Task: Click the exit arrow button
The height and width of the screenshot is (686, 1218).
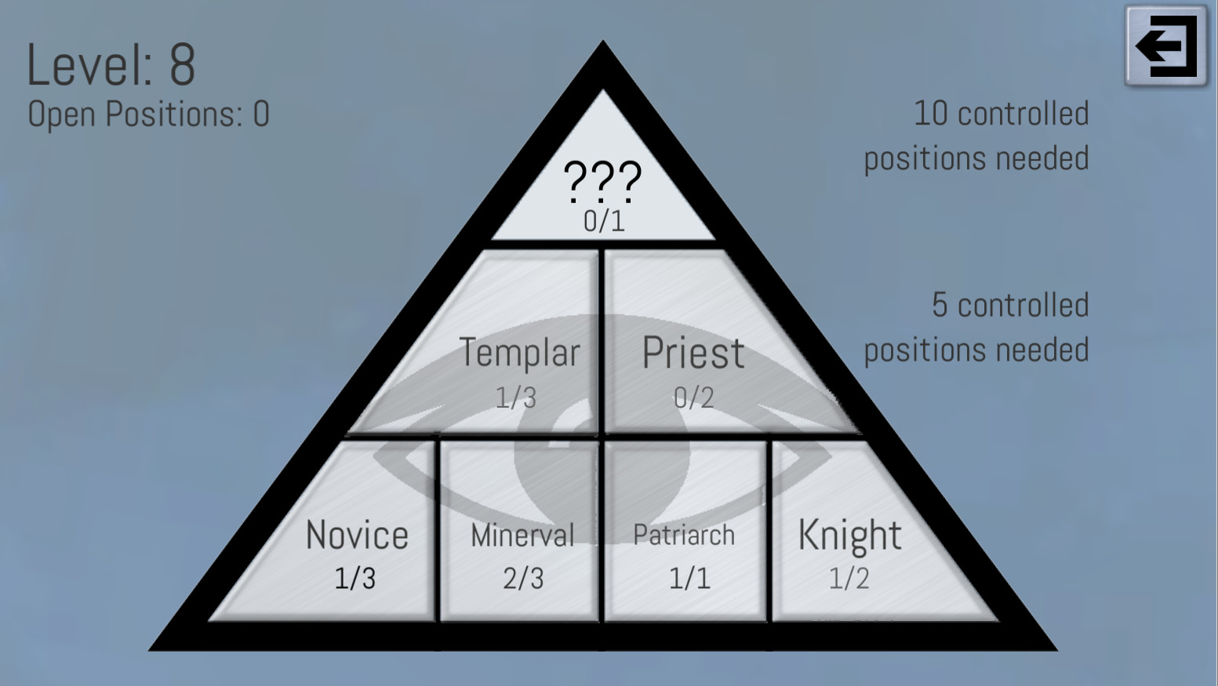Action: coord(1166,46)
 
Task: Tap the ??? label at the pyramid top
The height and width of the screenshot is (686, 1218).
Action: coord(602,180)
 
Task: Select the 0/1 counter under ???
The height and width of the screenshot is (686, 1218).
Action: coord(604,221)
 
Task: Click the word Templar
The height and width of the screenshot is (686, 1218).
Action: coord(519,353)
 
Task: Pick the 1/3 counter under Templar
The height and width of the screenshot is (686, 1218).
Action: coord(515,397)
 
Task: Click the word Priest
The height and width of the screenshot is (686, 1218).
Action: coord(693,353)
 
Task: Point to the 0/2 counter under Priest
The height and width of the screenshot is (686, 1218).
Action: coord(693,397)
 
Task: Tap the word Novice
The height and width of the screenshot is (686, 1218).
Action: coord(357,535)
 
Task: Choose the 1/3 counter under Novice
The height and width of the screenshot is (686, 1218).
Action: coord(354,579)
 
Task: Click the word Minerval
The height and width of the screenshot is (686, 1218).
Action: coord(522,535)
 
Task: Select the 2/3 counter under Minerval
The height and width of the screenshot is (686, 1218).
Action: coord(523,579)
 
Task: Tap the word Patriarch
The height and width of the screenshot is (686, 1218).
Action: coord(684,535)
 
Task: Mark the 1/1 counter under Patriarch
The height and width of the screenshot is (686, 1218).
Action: coord(689,579)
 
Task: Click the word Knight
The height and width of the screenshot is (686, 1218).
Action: coord(849,535)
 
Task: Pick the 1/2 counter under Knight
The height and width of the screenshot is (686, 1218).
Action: coord(849,579)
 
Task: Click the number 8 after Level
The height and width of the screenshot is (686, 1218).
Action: coord(182,65)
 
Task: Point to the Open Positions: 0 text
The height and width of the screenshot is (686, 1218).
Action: coord(148,114)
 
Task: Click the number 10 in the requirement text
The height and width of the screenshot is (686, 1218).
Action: coord(931,114)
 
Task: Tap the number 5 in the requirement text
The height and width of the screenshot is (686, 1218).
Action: coord(940,305)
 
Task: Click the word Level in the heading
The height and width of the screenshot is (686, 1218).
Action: coord(89,65)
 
